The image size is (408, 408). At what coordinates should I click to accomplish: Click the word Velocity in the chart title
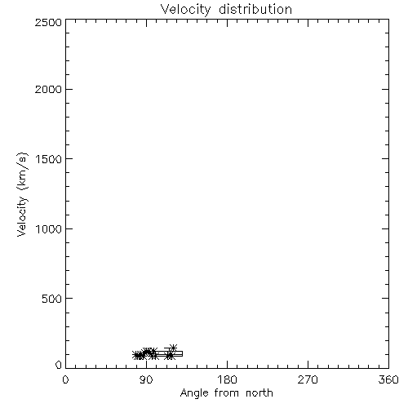coord(185,10)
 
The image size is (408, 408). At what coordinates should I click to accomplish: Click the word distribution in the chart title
coord(255,9)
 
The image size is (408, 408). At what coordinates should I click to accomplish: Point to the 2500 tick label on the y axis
coord(48,22)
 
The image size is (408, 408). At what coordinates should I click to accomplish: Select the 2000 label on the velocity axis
coord(48,89)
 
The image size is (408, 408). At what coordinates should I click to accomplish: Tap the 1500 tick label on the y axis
coord(49,159)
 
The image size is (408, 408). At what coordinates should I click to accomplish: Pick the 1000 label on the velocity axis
coord(49,229)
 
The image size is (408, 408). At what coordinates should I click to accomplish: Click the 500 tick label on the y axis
coord(52,299)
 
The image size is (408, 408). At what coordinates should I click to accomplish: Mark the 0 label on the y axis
coord(59,365)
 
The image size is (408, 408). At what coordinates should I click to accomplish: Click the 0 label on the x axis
coord(65,379)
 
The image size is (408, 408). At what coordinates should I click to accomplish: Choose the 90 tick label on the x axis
coord(146,379)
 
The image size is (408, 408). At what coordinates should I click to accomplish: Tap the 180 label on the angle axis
coord(227,379)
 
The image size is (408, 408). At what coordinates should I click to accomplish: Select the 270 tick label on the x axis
coord(308,379)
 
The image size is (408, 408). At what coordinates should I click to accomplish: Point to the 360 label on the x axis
coord(388,379)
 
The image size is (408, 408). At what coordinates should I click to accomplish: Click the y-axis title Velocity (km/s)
coord(22,194)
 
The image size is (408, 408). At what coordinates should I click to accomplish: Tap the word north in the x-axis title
coord(259,392)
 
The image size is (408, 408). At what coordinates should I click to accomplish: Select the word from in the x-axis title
coord(227,392)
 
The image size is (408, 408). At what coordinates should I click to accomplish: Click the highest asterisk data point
coord(173,348)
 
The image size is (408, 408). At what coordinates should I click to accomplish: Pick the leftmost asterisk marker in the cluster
coord(135,355)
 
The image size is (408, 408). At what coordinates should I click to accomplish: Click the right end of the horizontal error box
coord(182,353)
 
